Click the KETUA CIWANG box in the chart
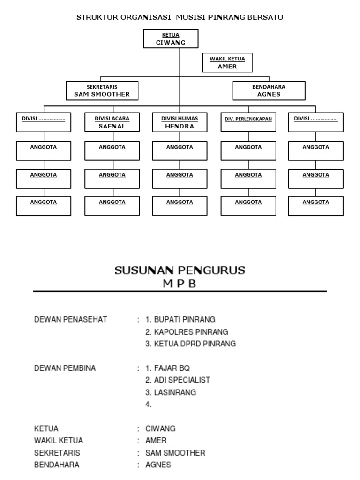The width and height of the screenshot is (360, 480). [x=171, y=38]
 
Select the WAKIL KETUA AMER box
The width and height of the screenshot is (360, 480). [x=227, y=63]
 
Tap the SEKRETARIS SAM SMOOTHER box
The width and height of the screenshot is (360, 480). [x=102, y=90]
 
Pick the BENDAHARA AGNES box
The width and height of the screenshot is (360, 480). [x=269, y=90]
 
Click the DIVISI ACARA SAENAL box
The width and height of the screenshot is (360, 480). [x=112, y=122]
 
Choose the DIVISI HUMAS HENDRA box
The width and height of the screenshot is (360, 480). [x=180, y=122]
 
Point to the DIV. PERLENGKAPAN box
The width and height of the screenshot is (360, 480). [x=248, y=121]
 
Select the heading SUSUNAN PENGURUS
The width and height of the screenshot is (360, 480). [x=180, y=270]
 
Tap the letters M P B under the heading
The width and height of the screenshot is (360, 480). [x=180, y=283]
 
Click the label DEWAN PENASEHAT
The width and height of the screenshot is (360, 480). [x=71, y=320]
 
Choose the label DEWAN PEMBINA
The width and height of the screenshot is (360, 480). [x=65, y=368]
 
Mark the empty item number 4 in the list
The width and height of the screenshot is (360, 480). [x=149, y=405]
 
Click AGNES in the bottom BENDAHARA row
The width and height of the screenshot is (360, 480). [x=158, y=465]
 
